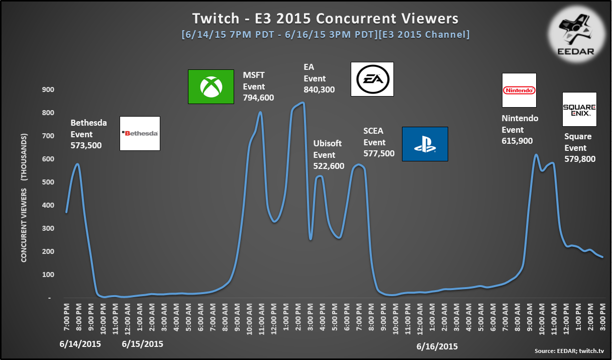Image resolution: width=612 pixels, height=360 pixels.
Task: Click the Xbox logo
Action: [211, 86]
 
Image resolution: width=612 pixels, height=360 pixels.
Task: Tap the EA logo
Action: [372, 79]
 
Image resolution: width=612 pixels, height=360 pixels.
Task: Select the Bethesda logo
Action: [140, 133]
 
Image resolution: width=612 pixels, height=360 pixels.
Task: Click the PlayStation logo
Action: [425, 144]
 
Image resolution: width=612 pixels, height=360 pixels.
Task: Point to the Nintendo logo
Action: [519, 90]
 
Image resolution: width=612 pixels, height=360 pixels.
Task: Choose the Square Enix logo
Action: [579, 109]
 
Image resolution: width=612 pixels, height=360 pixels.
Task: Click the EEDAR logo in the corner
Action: [576, 35]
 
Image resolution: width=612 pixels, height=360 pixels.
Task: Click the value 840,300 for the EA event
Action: [319, 89]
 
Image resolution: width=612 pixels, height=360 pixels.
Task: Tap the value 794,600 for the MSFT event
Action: [258, 98]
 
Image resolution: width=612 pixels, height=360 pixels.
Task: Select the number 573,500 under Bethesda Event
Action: [86, 145]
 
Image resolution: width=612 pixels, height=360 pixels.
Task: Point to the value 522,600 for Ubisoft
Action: [329, 166]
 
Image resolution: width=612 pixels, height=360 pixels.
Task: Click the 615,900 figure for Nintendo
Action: [517, 141]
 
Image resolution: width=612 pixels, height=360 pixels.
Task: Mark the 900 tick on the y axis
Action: [48, 89]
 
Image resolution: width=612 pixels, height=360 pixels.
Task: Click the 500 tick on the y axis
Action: [48, 182]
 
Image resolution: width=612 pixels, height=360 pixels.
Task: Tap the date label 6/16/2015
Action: [437, 346]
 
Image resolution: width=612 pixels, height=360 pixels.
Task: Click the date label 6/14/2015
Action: [80, 344]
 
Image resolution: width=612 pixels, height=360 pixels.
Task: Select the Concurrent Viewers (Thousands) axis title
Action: [24, 198]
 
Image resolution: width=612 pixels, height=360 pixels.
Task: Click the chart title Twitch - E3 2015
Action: [251, 19]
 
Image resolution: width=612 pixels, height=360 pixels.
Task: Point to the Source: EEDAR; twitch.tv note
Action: [569, 351]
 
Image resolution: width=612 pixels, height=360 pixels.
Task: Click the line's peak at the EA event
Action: [302, 103]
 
